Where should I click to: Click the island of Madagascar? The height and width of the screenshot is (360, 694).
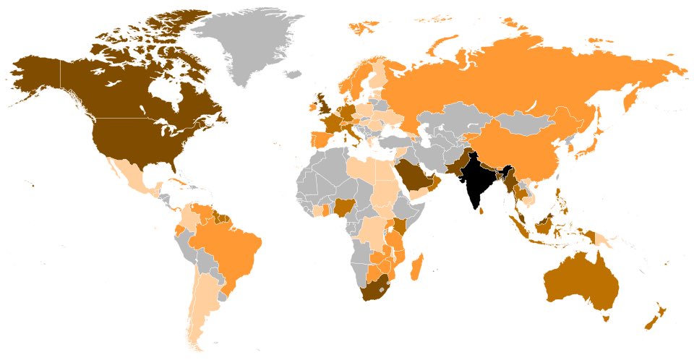click(x=416, y=270)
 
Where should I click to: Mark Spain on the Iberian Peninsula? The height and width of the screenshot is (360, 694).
click(x=319, y=138)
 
